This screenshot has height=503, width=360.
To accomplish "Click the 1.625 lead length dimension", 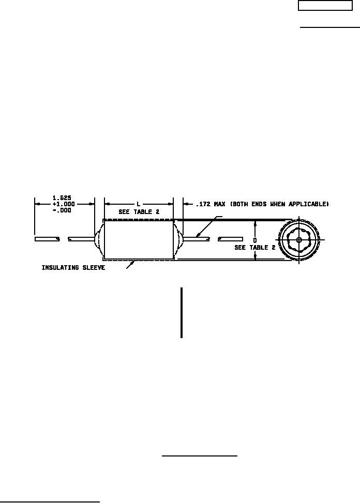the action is pos(62,197).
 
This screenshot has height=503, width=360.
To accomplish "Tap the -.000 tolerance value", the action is pos(62,210).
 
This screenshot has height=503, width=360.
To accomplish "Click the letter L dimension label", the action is pos(138,204).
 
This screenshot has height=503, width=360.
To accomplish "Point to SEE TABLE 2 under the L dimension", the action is pos(139,212).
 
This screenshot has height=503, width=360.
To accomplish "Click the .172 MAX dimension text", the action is pos(211,204).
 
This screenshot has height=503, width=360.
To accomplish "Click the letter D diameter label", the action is pos(255,240).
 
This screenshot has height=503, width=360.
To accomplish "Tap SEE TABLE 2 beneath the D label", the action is pos(255,248).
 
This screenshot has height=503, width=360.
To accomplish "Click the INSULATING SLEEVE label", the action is pos(73,268).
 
